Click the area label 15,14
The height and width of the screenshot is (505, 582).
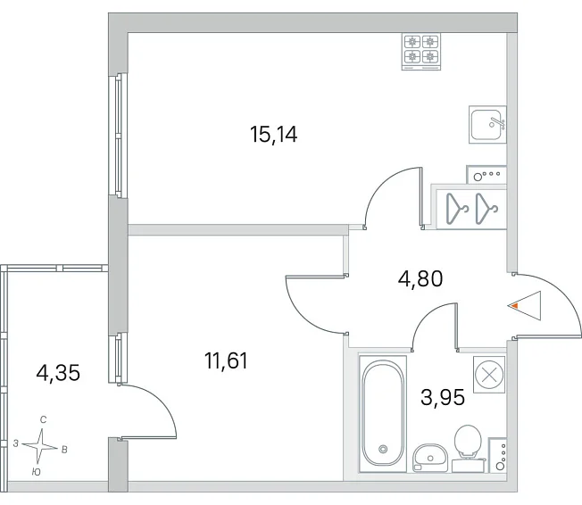click(273, 135)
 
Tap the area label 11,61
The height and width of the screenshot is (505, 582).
click(226, 360)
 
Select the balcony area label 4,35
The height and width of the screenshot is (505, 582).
click(58, 373)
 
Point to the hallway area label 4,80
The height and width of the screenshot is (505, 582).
click(420, 278)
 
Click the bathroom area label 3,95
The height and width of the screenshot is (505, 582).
click(443, 398)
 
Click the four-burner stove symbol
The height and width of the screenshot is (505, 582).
click(421, 52)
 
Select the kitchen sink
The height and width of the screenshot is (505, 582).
click(487, 124)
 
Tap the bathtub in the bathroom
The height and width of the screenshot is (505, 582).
click(383, 413)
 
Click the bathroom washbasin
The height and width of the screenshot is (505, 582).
click(430, 458)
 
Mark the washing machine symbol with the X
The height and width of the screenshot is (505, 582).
click(489, 375)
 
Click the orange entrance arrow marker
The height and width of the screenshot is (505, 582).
click(515, 306)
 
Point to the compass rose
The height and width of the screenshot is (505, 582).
click(40, 446)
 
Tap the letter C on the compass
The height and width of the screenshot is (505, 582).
click(44, 420)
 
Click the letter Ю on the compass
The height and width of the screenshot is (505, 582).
click(36, 472)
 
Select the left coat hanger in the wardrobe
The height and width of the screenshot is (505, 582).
click(457, 209)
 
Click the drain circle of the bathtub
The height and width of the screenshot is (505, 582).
click(383, 450)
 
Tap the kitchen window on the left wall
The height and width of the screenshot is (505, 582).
click(119, 135)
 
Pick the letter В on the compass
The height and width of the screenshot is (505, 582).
click(64, 450)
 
